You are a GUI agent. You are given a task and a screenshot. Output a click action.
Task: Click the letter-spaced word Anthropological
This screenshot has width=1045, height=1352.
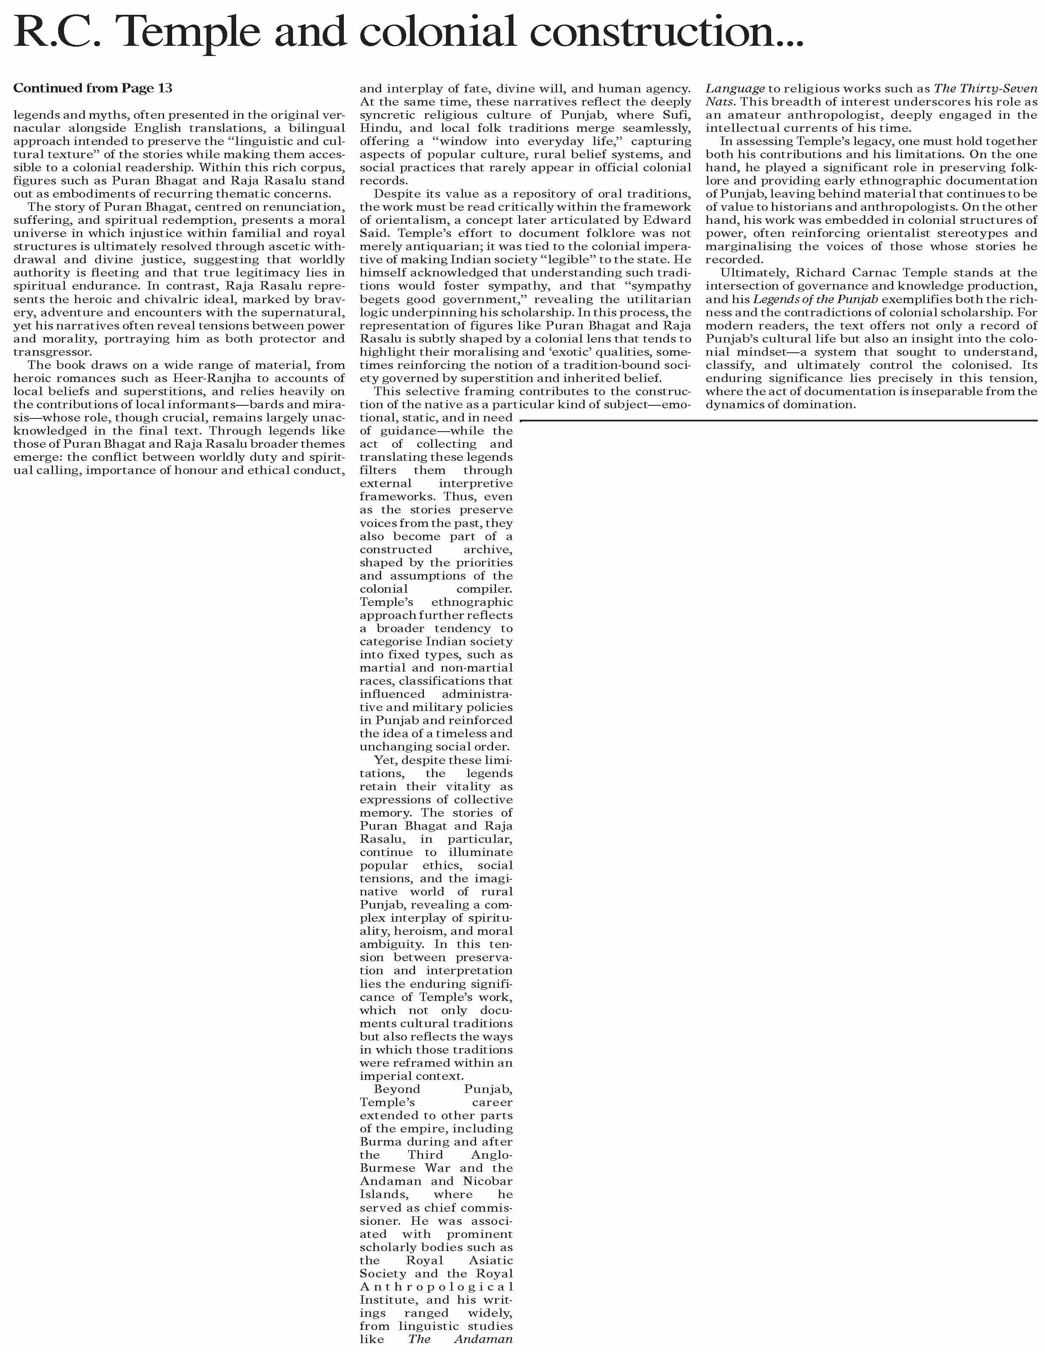click(x=436, y=1286)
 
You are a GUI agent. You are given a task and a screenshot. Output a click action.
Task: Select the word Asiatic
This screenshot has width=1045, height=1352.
click(x=491, y=1260)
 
